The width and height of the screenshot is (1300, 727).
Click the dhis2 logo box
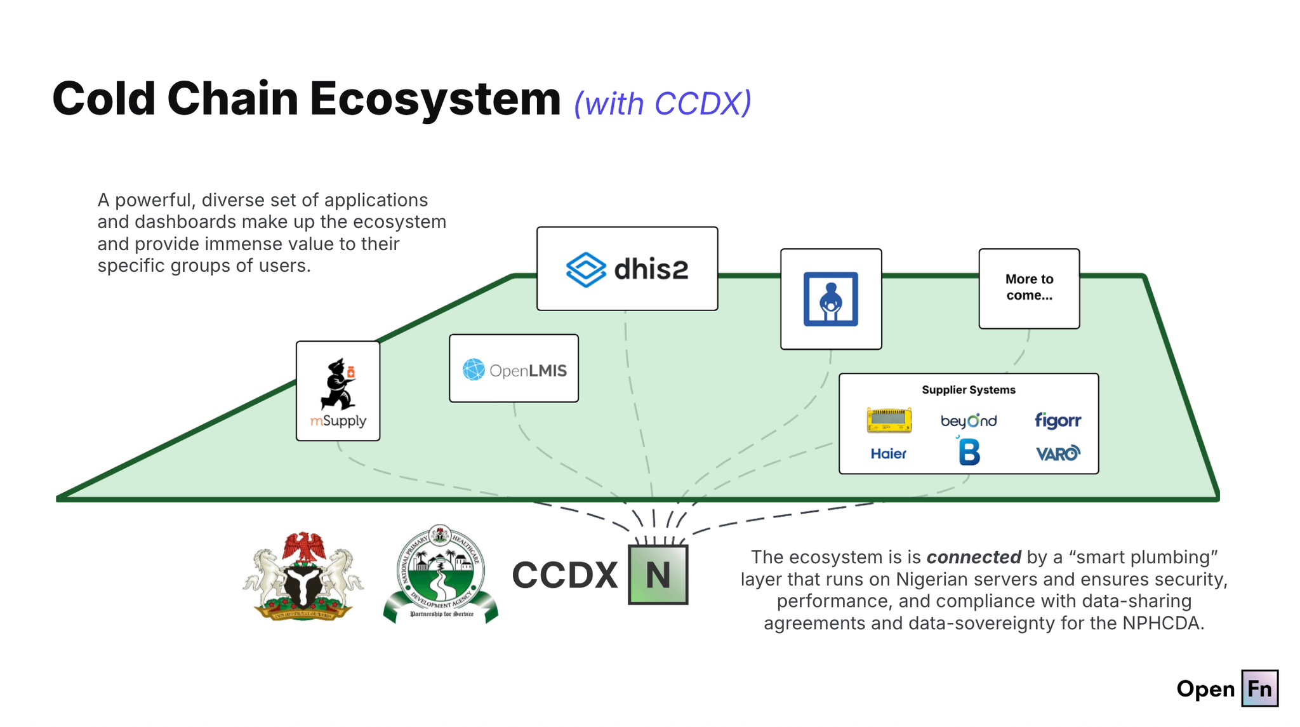[x=627, y=269]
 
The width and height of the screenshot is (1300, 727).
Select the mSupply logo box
[x=338, y=391]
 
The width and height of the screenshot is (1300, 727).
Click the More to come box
[x=1028, y=288]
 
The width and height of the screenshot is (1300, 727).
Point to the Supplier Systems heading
[x=968, y=390]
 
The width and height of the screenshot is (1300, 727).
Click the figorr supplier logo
[x=1057, y=420]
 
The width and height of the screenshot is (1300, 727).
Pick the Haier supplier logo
[x=888, y=453]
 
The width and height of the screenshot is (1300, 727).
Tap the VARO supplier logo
[x=1057, y=453]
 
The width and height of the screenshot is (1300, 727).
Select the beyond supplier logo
[x=968, y=420]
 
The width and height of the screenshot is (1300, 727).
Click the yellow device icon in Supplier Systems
[x=889, y=420]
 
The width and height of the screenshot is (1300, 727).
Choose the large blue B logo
[x=969, y=453]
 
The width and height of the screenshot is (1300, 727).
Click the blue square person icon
[x=830, y=299]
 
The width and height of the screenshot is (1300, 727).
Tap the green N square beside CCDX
[x=658, y=575]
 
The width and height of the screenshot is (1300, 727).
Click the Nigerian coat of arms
[x=303, y=577]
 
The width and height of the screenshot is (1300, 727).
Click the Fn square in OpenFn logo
[x=1259, y=688]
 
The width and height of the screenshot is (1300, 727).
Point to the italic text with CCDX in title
[x=662, y=103]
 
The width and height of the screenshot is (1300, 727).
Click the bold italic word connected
[x=973, y=557]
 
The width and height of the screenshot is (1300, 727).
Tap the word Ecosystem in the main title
[x=435, y=100]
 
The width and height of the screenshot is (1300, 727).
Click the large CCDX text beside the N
[x=564, y=575]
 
